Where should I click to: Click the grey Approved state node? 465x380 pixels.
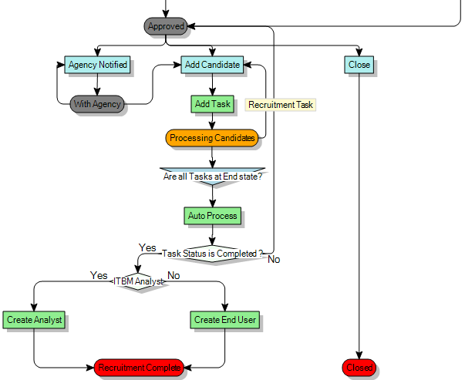166,26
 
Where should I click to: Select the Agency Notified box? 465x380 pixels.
97,65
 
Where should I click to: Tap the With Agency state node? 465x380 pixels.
97,104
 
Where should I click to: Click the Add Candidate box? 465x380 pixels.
212,65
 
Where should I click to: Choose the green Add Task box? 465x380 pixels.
212,104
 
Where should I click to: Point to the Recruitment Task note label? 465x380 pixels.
281,104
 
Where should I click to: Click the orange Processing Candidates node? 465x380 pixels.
212,138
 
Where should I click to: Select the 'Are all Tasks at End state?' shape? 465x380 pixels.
212,175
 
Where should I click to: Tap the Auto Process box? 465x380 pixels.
212,216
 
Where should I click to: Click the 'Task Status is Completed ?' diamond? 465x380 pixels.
212,254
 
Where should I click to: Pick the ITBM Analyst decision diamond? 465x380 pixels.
139,281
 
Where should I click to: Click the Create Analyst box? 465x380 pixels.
34,319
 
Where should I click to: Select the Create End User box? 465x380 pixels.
225,319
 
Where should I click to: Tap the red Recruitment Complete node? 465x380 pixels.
139,368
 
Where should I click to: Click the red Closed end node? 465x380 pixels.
359,368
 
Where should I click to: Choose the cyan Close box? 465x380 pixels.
359,65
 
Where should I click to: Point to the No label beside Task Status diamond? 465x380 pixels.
274,260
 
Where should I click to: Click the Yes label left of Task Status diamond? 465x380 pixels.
147,247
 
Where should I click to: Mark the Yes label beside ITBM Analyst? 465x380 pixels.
99,275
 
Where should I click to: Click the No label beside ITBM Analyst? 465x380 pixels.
174,275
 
